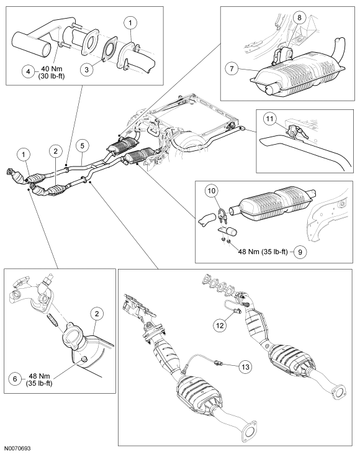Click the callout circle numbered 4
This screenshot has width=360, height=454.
(x=29, y=71)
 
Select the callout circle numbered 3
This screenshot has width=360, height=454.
(x=87, y=70)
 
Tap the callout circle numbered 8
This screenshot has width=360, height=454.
(x=299, y=17)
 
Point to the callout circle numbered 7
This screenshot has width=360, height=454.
(x=232, y=69)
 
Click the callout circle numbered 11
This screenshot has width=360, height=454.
(x=270, y=119)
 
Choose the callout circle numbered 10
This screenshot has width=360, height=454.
(x=212, y=191)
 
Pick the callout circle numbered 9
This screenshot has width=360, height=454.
(x=300, y=252)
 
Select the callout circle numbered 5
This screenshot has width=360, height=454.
(x=83, y=145)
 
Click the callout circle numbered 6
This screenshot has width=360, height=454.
(x=15, y=378)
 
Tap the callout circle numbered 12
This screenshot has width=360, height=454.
(x=220, y=325)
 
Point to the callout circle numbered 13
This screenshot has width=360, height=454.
(x=245, y=367)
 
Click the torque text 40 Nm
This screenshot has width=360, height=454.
(x=52, y=70)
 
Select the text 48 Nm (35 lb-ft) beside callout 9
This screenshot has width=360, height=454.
(x=263, y=252)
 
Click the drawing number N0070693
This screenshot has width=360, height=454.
(x=17, y=448)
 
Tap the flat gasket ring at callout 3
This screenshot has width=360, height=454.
(x=109, y=52)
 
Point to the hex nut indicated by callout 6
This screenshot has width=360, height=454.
(x=84, y=359)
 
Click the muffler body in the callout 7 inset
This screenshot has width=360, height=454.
(x=298, y=73)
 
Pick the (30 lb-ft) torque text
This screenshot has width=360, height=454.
(x=52, y=76)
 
